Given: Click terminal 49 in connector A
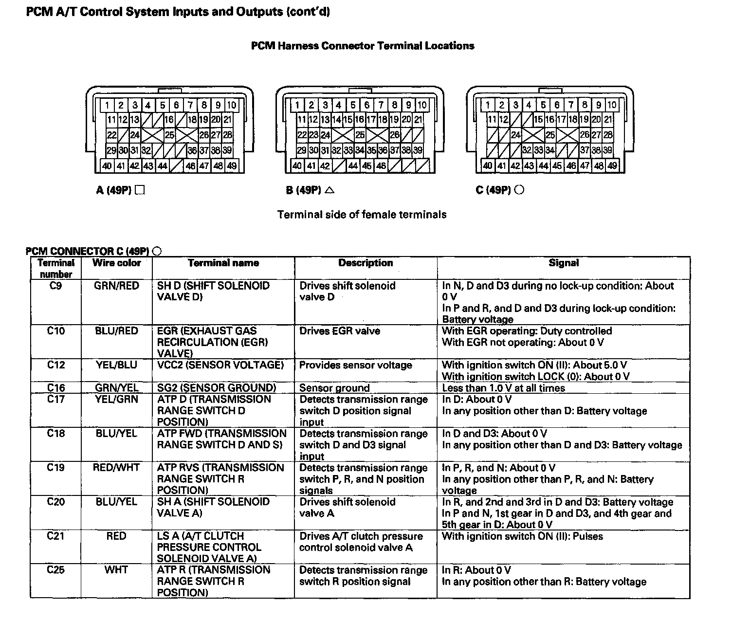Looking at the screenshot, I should tap(232, 166).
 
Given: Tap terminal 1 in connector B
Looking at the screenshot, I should tap(297, 105).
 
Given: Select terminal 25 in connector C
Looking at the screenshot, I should tap(550, 135).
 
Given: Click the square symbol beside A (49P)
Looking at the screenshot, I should tap(140, 190).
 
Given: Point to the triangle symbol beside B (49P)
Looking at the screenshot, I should tap(329, 190).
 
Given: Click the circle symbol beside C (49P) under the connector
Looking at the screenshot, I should tap(519, 190).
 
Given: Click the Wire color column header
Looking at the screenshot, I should tap(116, 263).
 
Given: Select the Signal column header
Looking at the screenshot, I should tap(564, 263).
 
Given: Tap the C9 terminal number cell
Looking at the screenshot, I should tap(56, 286).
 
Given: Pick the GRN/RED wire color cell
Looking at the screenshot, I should tap(116, 286).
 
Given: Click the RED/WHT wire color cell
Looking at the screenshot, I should tap(116, 468).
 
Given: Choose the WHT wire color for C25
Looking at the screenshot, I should tap(116, 570).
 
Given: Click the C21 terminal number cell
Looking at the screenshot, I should tap(56, 536).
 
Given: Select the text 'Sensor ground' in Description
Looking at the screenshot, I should tap(334, 388).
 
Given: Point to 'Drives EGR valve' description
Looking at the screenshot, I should tap(340, 331).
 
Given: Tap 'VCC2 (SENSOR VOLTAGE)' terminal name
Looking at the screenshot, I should tap(220, 366).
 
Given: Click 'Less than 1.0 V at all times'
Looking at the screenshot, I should tap(503, 388).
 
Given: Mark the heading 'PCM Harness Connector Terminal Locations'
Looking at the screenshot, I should tap(363, 46).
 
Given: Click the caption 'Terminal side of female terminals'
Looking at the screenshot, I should tap(362, 215).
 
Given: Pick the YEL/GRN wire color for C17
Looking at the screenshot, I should tap(116, 400).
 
